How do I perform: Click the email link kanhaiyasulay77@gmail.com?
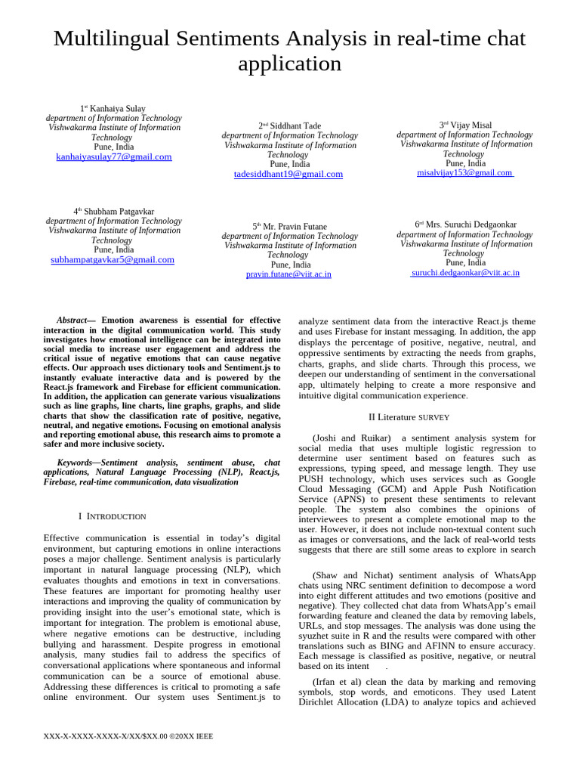click(114, 157)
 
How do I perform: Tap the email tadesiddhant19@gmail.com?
click(288, 174)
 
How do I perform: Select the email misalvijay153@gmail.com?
click(464, 173)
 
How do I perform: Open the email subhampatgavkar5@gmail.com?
click(113, 259)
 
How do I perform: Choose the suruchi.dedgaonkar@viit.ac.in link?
click(464, 273)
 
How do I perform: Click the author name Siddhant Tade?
click(295, 125)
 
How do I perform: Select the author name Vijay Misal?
click(470, 125)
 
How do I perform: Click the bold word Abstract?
click(72, 320)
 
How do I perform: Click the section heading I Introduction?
click(113, 516)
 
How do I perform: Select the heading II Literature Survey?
click(409, 417)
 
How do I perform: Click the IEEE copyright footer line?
click(128, 736)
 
